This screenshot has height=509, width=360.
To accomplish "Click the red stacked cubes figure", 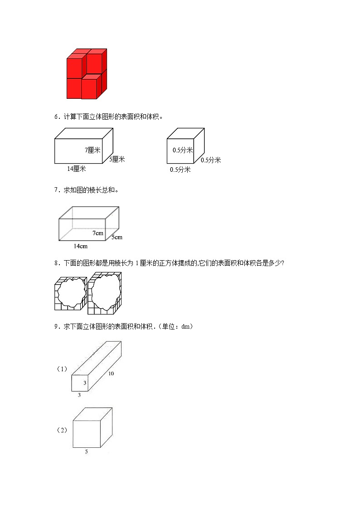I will pyautogui.click(x=87, y=74).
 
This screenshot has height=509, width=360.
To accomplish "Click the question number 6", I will pyautogui.click(x=56, y=116).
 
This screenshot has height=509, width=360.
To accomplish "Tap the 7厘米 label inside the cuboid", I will pyautogui.click(x=92, y=150).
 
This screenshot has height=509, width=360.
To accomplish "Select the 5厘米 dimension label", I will pyautogui.click(x=117, y=159).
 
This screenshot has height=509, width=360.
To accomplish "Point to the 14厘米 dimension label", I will pyautogui.click(x=76, y=169).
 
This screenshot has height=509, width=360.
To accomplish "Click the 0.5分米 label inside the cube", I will pyautogui.click(x=183, y=150).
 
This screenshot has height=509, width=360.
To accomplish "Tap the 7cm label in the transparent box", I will pyautogui.click(x=98, y=233).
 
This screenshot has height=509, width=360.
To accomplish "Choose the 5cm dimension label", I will pyautogui.click(x=117, y=237).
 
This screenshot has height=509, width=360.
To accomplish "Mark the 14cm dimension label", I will pyautogui.click(x=80, y=246).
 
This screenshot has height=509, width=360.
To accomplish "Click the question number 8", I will pyautogui.click(x=56, y=263).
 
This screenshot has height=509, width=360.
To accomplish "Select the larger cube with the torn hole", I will pyautogui.click(x=105, y=293).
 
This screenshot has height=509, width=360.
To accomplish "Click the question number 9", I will pyautogui.click(x=56, y=326).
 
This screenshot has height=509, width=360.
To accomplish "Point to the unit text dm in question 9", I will pyautogui.click(x=185, y=326).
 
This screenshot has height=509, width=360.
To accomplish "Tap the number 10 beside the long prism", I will pyautogui.click(x=111, y=374).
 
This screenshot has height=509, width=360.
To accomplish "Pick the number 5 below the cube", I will pyautogui.click(x=86, y=451).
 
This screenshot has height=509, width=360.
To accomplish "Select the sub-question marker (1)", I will pyautogui.click(x=62, y=369).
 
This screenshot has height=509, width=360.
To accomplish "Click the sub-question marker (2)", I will pyautogui.click(x=62, y=430).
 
